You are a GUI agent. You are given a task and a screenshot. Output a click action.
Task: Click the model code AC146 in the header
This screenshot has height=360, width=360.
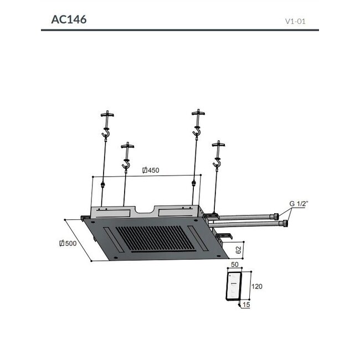pyautogui.click(x=68, y=19)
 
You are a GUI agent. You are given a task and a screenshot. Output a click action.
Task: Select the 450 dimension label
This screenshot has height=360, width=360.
pyautogui.click(x=150, y=170)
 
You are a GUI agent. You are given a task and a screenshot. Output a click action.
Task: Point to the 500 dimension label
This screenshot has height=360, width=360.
pyautogui.click(x=70, y=243)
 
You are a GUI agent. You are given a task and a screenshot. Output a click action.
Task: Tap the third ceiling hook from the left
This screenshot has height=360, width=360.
pyautogui.click(x=196, y=132)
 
